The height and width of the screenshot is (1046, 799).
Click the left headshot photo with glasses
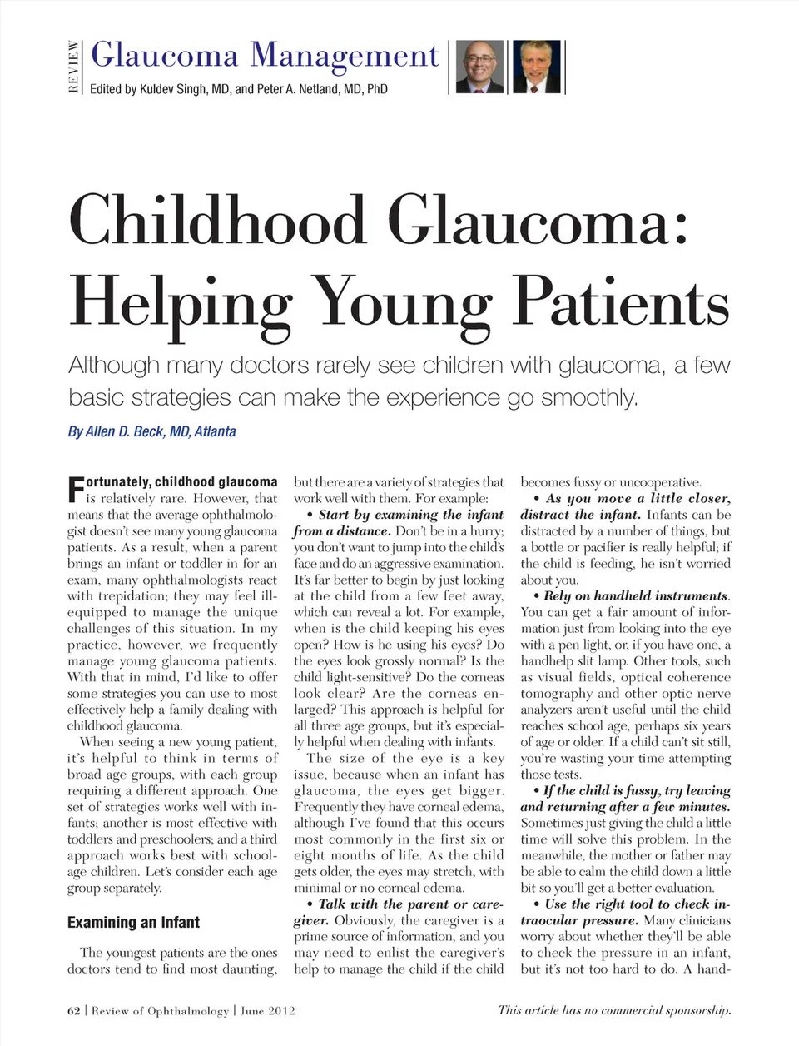(x=480, y=67)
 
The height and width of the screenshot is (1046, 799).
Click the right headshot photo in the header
(x=536, y=67)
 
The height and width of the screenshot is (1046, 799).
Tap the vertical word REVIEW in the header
(x=74, y=67)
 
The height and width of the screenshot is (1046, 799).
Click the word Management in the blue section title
(x=344, y=56)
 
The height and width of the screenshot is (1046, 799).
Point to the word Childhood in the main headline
(x=218, y=221)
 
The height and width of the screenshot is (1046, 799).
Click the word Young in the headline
(x=402, y=301)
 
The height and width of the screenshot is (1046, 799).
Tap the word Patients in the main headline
(x=620, y=301)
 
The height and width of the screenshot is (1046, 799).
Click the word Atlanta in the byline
(x=215, y=431)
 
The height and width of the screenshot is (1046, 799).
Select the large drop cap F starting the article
(x=75, y=490)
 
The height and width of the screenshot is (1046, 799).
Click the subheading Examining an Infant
(x=133, y=922)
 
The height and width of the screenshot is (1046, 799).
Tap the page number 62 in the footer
(x=74, y=1011)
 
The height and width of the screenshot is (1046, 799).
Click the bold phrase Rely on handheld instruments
(x=636, y=595)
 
